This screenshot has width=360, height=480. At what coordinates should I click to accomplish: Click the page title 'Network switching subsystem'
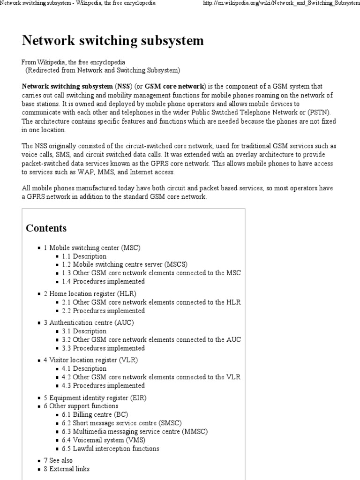click(112, 41)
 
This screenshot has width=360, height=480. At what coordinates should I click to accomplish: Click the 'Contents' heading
click(46, 228)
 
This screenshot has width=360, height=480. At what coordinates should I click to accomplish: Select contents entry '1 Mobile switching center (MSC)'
click(92, 247)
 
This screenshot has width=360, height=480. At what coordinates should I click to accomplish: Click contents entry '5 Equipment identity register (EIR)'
click(95, 397)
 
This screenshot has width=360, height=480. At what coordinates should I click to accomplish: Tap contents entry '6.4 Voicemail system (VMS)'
click(103, 440)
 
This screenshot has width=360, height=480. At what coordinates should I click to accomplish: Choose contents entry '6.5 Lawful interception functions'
click(110, 448)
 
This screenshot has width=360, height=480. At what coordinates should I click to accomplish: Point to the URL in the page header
click(280, 3)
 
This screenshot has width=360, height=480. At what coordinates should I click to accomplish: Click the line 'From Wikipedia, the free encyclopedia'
click(74, 62)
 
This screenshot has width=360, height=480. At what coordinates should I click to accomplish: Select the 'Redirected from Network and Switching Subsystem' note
click(102, 70)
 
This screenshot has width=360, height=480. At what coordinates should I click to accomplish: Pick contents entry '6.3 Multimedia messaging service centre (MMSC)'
click(135, 431)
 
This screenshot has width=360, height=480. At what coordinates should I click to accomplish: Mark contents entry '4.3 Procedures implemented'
click(103, 385)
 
